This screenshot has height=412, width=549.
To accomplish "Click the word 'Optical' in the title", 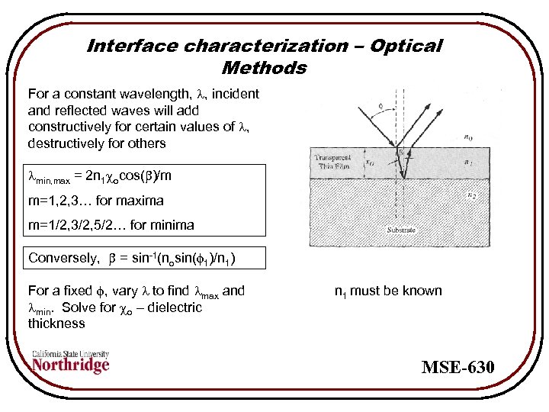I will click(x=406, y=46).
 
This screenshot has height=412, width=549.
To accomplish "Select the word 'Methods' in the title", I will click(x=264, y=68).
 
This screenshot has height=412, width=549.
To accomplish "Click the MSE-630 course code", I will click(x=458, y=369).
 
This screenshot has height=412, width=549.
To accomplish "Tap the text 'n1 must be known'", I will click(x=388, y=291).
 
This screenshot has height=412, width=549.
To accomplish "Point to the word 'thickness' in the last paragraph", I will click(x=56, y=323).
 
